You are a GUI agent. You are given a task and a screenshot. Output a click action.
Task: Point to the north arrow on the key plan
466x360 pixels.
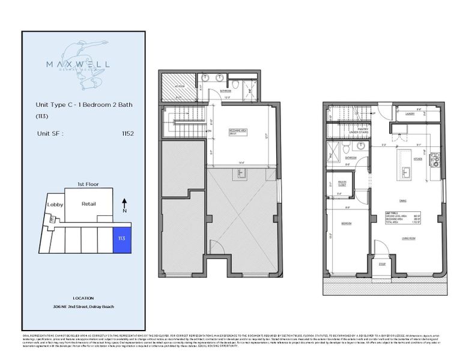tap(124, 206)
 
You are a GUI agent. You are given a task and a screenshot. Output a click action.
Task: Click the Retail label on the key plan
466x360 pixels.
tap(88, 204)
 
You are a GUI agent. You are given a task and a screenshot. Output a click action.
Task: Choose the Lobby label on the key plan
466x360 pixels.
tap(55, 204)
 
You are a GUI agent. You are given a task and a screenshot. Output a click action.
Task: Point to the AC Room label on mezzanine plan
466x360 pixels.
tap(179, 86)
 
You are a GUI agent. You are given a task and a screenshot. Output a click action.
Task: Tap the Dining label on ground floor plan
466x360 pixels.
tap(411, 201)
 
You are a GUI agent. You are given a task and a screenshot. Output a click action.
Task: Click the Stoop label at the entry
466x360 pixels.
tap(381, 263)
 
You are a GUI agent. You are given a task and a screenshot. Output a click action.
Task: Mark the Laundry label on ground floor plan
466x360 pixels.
tap(410, 112)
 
